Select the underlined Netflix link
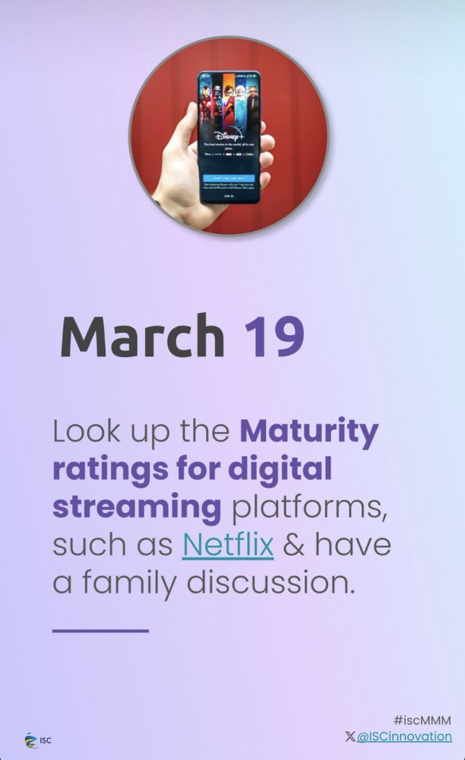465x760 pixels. click(x=227, y=545)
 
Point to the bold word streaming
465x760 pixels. click(x=136, y=508)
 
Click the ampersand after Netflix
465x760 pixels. click(x=293, y=545)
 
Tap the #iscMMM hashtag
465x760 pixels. click(x=423, y=720)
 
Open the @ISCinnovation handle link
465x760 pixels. click(x=405, y=736)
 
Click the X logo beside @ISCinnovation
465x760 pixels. click(x=350, y=736)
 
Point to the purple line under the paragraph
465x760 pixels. click(x=100, y=630)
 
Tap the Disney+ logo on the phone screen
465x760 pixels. click(x=228, y=136)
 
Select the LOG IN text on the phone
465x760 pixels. click(x=228, y=196)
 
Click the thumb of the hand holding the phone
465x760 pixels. click(x=184, y=136)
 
